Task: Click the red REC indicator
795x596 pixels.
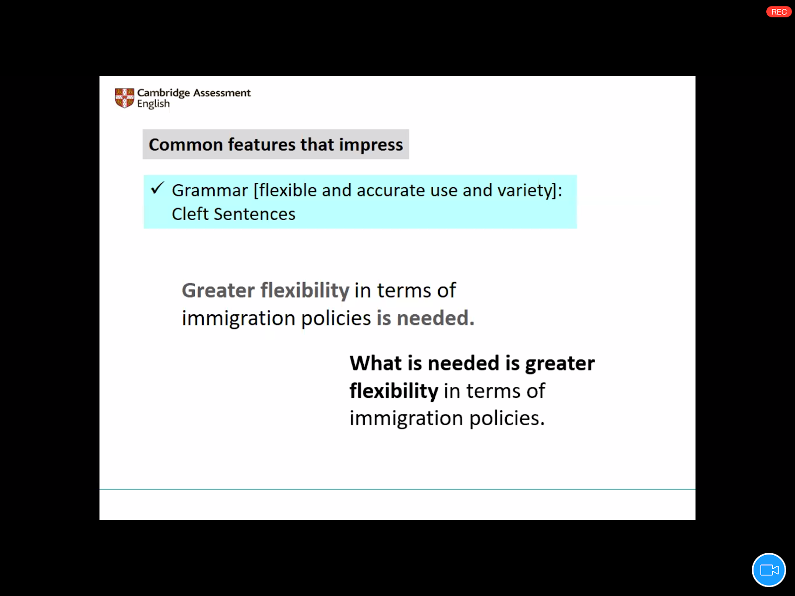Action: click(779, 12)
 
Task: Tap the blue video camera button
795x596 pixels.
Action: click(769, 570)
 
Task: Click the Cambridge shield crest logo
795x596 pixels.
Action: click(124, 98)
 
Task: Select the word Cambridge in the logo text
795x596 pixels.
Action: click(163, 93)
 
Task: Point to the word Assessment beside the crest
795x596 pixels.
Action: click(222, 93)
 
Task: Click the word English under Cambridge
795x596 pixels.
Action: click(153, 104)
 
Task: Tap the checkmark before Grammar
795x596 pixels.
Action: click(158, 188)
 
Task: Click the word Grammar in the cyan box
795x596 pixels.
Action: click(210, 190)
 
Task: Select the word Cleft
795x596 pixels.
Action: click(190, 214)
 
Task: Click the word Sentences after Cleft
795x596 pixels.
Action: click(254, 214)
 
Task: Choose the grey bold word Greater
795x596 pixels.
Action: click(218, 290)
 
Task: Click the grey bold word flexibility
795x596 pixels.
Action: click(305, 291)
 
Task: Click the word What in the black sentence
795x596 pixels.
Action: click(376, 363)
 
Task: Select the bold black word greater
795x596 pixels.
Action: click(560, 364)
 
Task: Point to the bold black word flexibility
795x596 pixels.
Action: click(394, 391)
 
